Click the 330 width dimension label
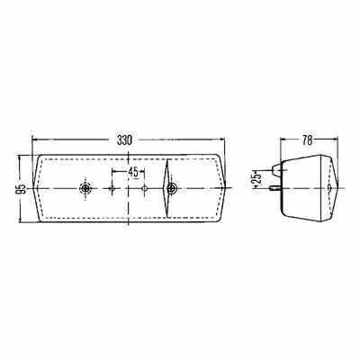124,140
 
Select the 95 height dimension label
21,189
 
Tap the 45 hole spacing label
133,172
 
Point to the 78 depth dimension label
307,140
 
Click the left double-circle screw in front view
85,188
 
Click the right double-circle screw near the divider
172,188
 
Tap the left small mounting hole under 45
112,188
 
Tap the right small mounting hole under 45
144,188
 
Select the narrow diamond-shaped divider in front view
166,188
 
